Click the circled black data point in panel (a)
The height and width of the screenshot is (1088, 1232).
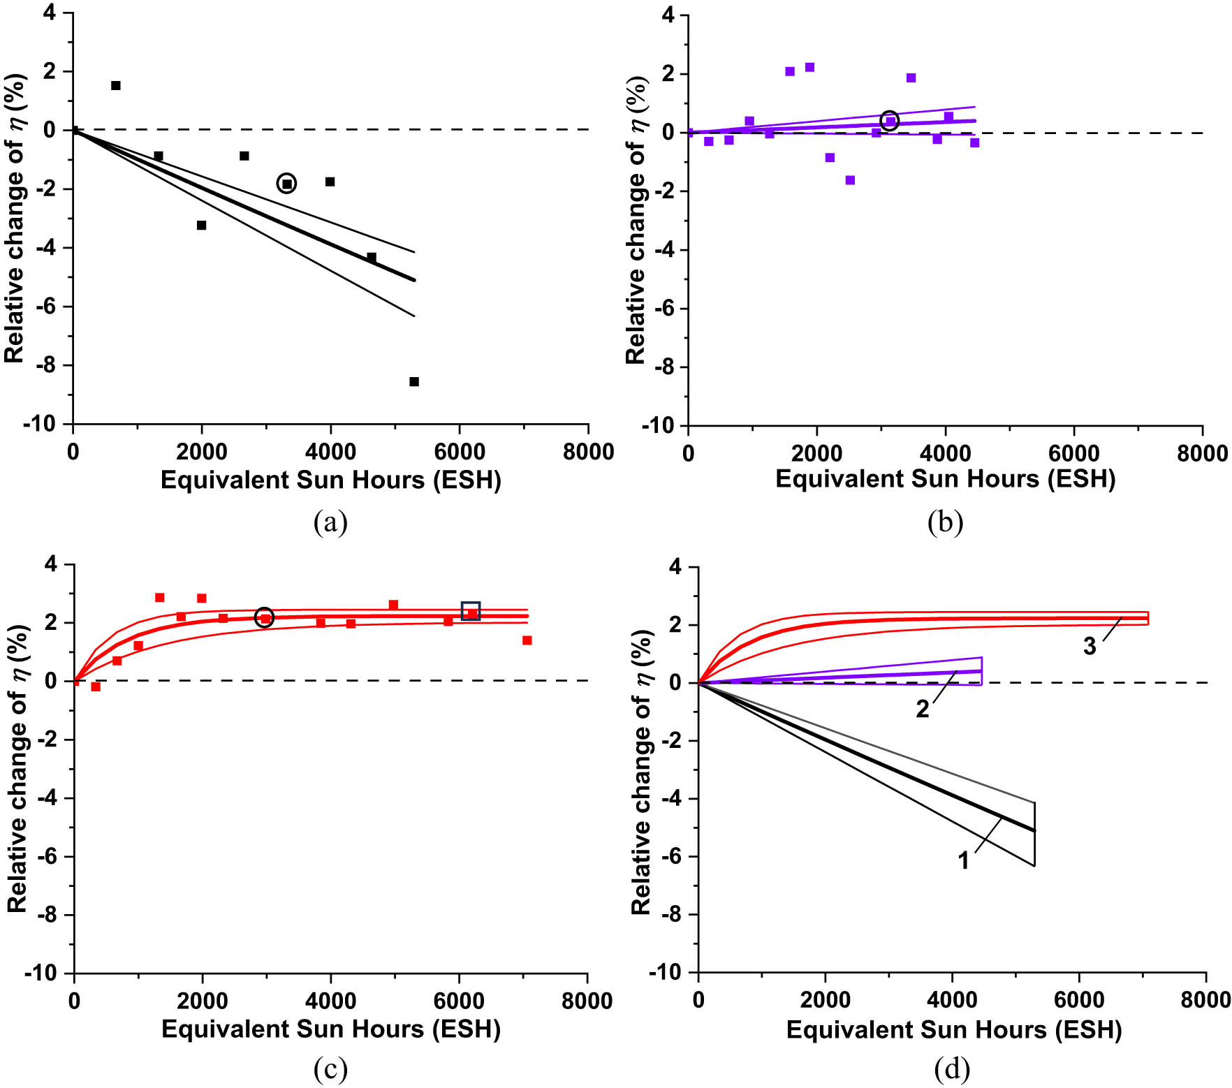pos(286,184)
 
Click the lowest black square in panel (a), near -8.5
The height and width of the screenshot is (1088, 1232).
pos(414,382)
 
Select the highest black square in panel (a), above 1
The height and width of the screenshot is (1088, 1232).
pos(116,86)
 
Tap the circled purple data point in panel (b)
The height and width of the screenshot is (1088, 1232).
pos(889,121)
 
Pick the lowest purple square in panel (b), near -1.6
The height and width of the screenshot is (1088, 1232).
pos(850,180)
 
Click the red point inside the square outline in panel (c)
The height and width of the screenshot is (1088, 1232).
pos(471,612)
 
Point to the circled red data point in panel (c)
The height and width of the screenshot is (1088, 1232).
pos(264,617)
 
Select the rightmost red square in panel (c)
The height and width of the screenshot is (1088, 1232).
pos(527,640)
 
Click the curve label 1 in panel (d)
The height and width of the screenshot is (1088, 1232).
pos(963,861)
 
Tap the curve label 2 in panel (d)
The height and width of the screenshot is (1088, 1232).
pos(923,710)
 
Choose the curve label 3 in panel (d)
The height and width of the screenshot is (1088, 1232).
pos(1090,647)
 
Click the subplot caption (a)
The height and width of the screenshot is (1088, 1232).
pos(330,522)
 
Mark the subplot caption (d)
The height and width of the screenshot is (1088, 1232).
pos(951,1069)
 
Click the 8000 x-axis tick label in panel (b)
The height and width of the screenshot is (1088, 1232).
pos(1202,453)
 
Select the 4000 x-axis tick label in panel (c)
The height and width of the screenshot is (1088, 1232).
pos(330,1001)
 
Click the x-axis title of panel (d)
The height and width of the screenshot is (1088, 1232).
pos(953,1029)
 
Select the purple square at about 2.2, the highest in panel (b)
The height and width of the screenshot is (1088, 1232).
pos(809,68)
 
